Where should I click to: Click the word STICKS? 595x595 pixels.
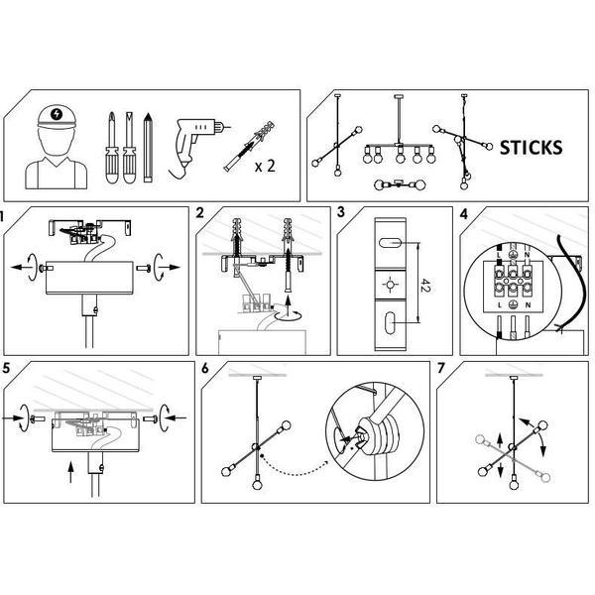pos(531,148)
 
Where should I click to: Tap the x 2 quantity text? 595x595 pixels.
pos(264,166)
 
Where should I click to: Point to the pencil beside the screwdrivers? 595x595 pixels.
pos(149,148)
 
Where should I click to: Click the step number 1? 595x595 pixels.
pos(3,214)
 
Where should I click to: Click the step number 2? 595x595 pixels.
pos(201,213)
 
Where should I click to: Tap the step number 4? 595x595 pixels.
pos(465,213)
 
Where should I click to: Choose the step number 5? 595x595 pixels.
pos(7,367)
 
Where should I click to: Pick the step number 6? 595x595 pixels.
pos(205,368)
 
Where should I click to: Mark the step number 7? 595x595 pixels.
pos(441,368)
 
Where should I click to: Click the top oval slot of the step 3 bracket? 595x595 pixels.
pos(390,243)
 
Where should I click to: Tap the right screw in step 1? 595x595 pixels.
pos(145,267)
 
